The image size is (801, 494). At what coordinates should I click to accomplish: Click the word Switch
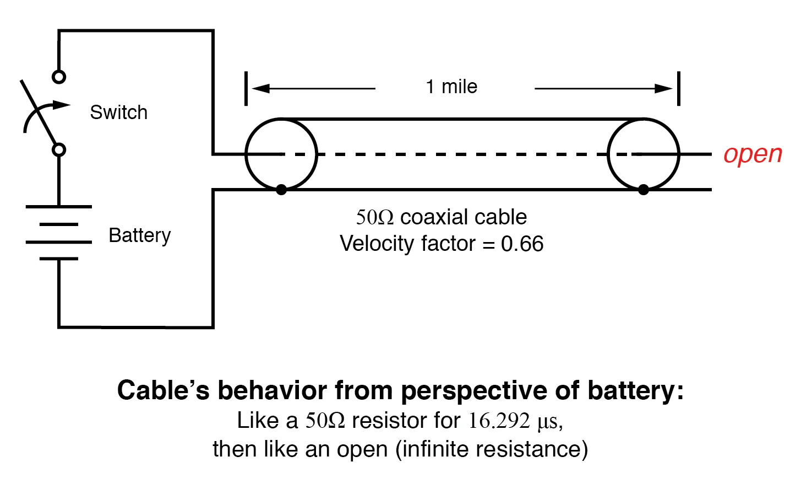(x=118, y=112)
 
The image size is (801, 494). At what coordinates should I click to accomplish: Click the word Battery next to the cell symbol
(x=139, y=235)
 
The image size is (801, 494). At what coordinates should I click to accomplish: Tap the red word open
(x=752, y=154)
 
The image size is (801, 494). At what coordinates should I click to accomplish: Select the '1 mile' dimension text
(x=451, y=87)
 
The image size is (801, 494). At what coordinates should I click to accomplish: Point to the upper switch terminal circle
(x=59, y=77)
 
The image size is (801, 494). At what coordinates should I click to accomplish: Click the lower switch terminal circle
(x=59, y=149)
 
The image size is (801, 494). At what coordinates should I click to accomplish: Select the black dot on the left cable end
(x=281, y=190)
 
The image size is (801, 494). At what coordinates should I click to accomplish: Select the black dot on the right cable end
(x=643, y=190)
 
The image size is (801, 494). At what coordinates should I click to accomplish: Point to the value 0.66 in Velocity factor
(x=522, y=244)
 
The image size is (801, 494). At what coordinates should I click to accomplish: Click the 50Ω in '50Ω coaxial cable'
(x=374, y=217)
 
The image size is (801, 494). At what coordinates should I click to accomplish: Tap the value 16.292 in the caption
(x=499, y=421)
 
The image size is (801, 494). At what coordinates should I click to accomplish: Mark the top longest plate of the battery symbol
(x=59, y=207)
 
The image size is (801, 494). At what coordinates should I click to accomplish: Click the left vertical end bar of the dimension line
(x=246, y=88)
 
